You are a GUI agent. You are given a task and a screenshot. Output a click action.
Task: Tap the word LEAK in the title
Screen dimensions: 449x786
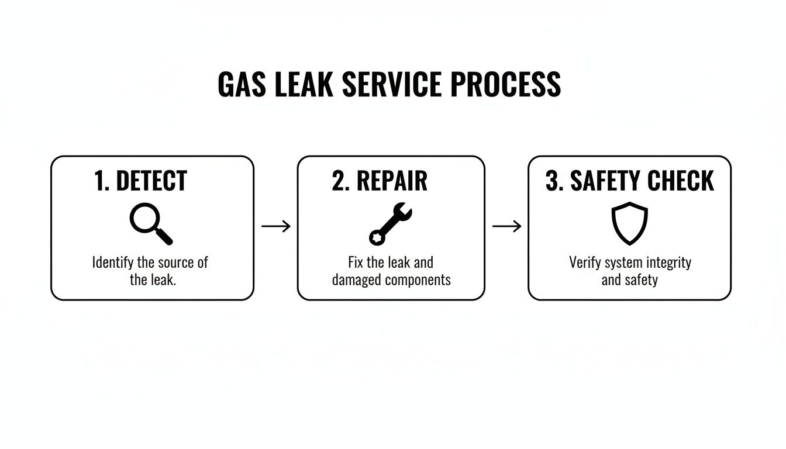click(x=304, y=85)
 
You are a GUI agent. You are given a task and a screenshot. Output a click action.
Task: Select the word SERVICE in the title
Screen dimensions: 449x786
click(x=391, y=85)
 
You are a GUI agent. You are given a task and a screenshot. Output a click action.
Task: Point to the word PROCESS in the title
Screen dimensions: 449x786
click(x=505, y=85)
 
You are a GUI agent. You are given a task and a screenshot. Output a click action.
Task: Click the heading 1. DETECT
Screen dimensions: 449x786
click(x=140, y=181)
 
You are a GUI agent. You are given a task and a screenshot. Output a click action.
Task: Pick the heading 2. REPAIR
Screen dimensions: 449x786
click(x=380, y=181)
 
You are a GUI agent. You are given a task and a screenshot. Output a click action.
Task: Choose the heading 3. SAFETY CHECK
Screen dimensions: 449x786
click(x=629, y=181)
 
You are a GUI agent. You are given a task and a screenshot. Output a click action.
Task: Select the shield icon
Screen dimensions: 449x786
click(x=629, y=224)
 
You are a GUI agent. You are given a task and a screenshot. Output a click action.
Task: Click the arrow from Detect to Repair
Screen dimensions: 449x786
click(x=276, y=226)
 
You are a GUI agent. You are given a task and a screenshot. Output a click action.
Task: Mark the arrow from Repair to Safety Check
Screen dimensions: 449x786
click(x=506, y=226)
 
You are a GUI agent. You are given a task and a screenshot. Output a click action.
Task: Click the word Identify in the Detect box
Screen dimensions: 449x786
click(x=113, y=262)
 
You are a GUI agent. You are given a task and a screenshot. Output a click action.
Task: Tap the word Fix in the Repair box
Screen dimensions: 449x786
click(x=356, y=262)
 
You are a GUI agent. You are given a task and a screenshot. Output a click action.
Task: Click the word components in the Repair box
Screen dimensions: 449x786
click(x=419, y=280)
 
